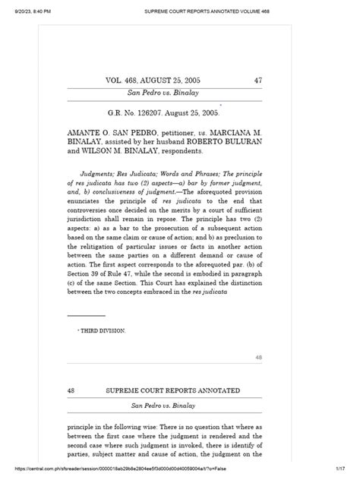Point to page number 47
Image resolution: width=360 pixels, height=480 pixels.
click(257, 79)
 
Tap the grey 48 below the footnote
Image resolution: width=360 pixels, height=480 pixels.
click(258, 357)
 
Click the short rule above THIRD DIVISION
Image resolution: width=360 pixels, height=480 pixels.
click(86, 315)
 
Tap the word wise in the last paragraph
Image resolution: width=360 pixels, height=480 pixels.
click(174, 427)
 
